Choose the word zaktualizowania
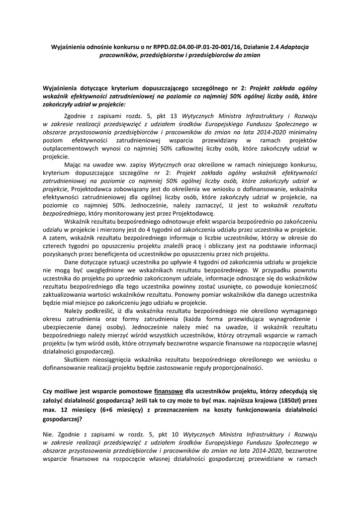click(68, 295)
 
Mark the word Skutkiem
click(78, 359)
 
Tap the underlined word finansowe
click(169, 391)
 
